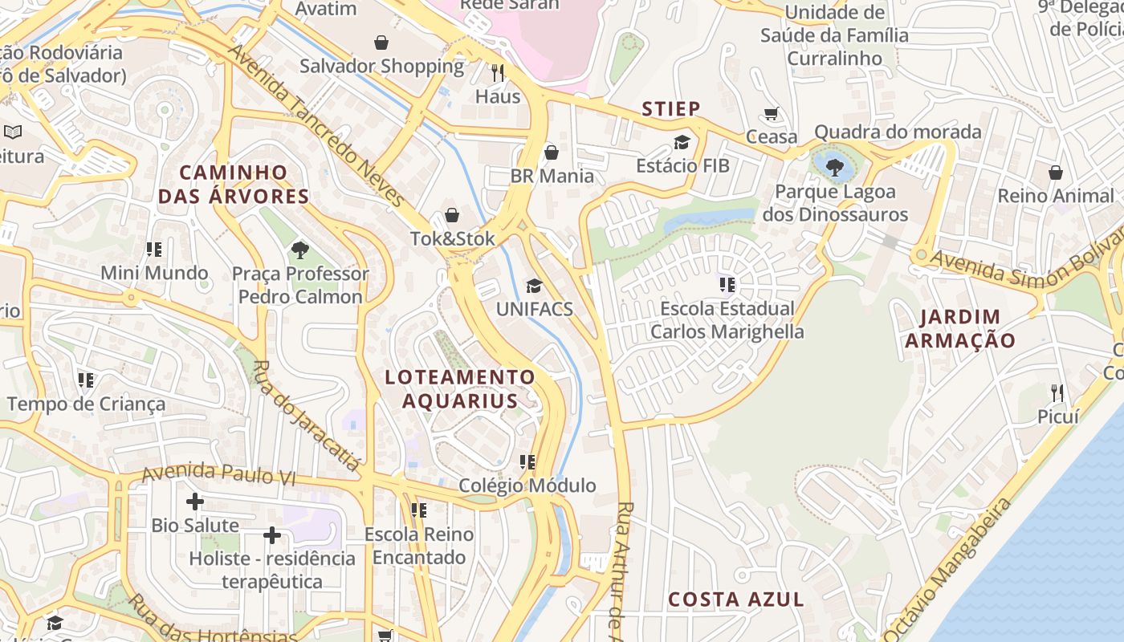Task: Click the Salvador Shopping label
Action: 381,66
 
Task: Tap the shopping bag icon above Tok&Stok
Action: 452,215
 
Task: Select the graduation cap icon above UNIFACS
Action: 534,286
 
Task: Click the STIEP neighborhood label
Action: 671,108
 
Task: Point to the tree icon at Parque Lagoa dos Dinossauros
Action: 835,167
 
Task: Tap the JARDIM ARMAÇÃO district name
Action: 960,328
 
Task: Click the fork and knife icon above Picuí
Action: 1057,392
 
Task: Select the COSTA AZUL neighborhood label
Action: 736,599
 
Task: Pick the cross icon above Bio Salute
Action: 194,502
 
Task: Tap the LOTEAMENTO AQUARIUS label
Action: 460,388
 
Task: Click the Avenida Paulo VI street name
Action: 218,474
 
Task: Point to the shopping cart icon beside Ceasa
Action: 772,114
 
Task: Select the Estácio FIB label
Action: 682,166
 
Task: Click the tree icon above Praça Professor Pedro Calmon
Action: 300,250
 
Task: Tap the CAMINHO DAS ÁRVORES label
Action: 234,184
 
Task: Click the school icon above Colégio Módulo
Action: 527,461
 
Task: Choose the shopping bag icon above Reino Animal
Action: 1056,173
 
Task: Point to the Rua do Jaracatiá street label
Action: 306,414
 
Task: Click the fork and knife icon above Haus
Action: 498,73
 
